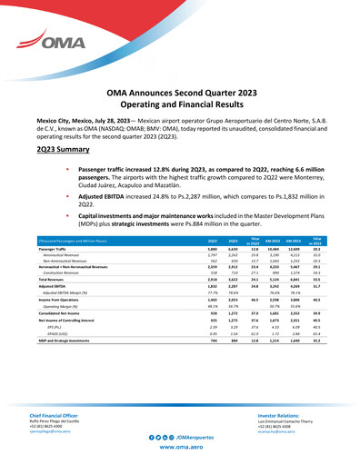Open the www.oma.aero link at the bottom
click(180, 450)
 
